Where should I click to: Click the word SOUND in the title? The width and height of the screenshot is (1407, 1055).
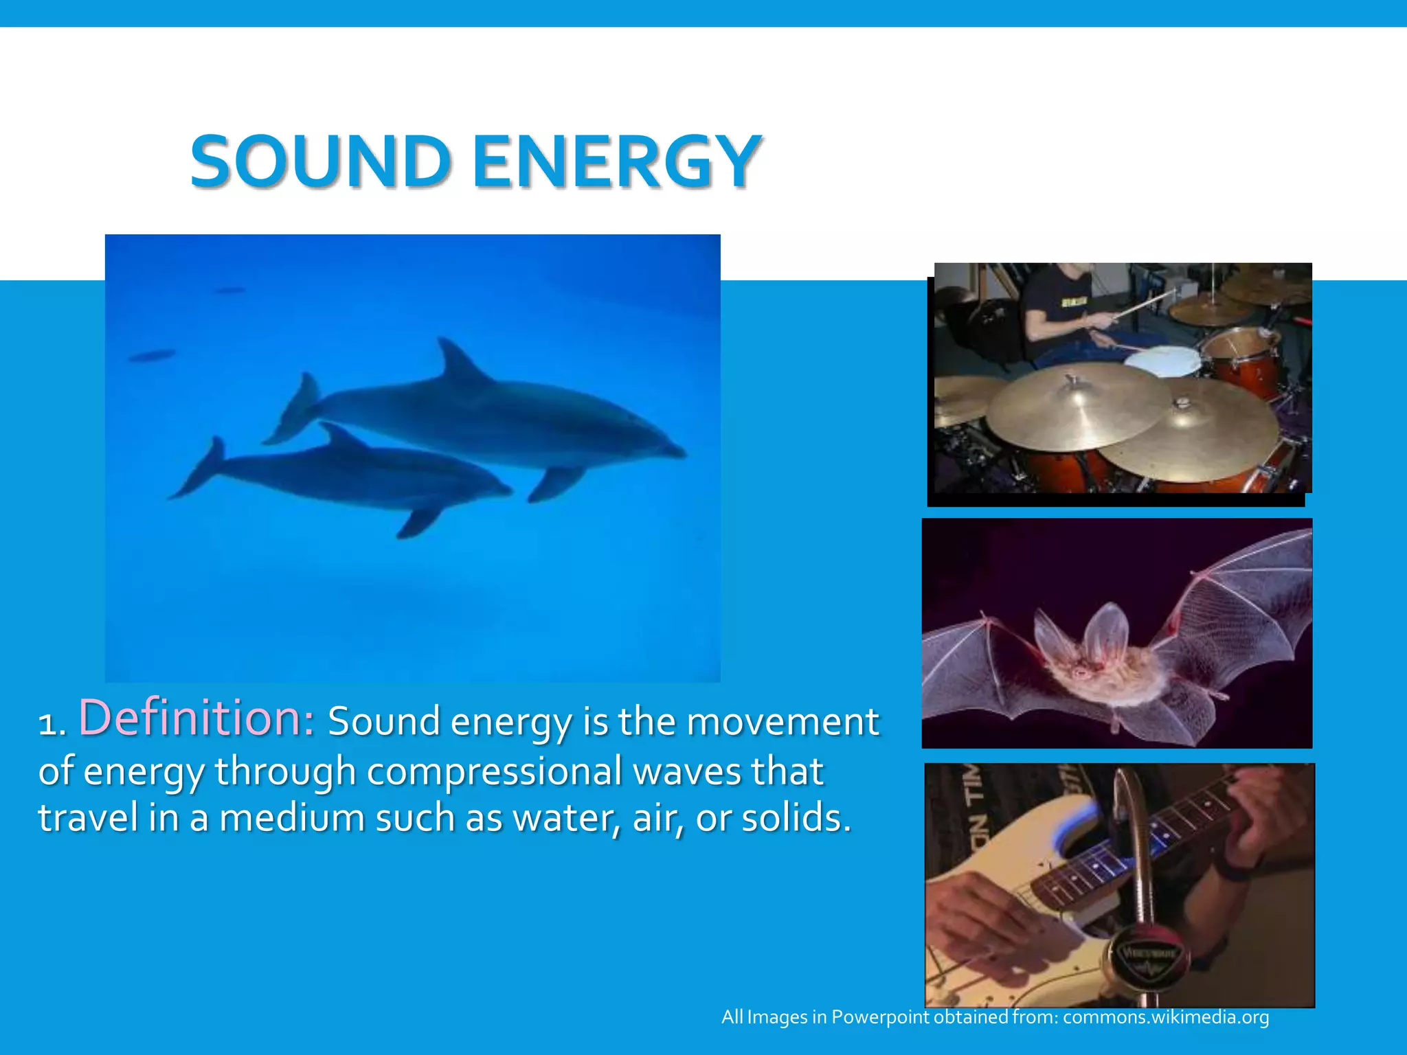click(319, 162)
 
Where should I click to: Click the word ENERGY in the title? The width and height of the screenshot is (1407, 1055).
click(616, 162)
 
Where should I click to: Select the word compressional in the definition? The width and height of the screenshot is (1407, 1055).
click(494, 771)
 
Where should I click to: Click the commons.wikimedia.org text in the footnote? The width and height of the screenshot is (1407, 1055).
click(1165, 1017)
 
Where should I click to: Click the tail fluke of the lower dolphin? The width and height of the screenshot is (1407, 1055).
click(201, 467)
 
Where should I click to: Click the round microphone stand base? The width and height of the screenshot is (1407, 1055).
click(1145, 958)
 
